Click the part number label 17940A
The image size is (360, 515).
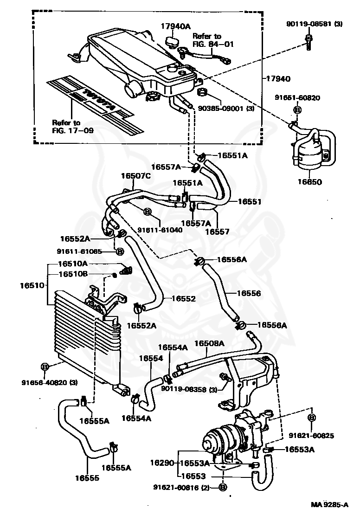tap(175, 26)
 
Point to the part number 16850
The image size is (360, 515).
tap(309, 182)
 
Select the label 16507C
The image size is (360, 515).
tap(136, 176)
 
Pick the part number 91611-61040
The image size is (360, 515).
tap(160, 230)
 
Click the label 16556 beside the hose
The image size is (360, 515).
tap(249, 293)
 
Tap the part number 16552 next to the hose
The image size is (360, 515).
tap(184, 298)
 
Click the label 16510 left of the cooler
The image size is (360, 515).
tap(32, 285)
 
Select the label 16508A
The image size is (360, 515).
tap(209, 343)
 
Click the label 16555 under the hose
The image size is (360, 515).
tap(87, 478)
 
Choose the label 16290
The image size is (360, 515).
tap(162, 463)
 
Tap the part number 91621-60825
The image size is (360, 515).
tap(311, 436)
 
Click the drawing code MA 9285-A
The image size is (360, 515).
tap(329, 505)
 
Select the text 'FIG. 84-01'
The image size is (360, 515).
tap(213, 44)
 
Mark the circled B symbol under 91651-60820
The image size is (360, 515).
tap(297, 109)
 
